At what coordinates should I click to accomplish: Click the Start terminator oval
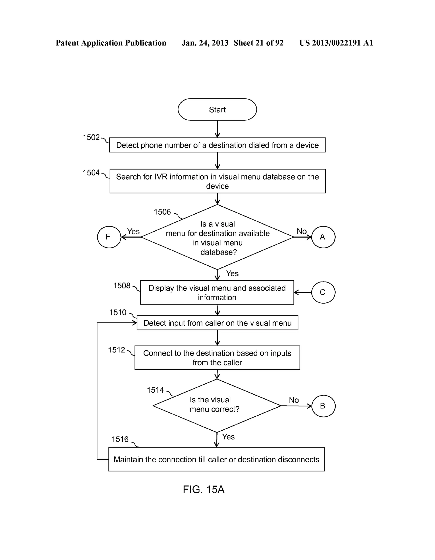217,109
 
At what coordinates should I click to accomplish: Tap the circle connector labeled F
109,237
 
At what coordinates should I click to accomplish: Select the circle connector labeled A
323,237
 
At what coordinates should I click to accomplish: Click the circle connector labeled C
323,292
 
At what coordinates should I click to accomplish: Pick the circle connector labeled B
323,406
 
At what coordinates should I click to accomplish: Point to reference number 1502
91,137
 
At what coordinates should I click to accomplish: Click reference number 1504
91,173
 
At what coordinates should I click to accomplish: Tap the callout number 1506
162,212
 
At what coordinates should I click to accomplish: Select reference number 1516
120,439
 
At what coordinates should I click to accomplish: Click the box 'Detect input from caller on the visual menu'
217,323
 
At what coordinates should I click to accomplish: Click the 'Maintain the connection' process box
216,459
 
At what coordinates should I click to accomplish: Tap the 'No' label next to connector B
294,400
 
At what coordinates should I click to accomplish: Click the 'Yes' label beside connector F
133,231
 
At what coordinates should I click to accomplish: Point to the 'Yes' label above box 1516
228,437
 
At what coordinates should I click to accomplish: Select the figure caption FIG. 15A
203,490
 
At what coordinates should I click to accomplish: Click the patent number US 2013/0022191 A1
336,43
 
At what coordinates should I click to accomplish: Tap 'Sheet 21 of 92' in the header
258,43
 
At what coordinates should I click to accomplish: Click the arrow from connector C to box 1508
302,292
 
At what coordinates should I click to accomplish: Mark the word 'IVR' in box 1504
161,177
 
